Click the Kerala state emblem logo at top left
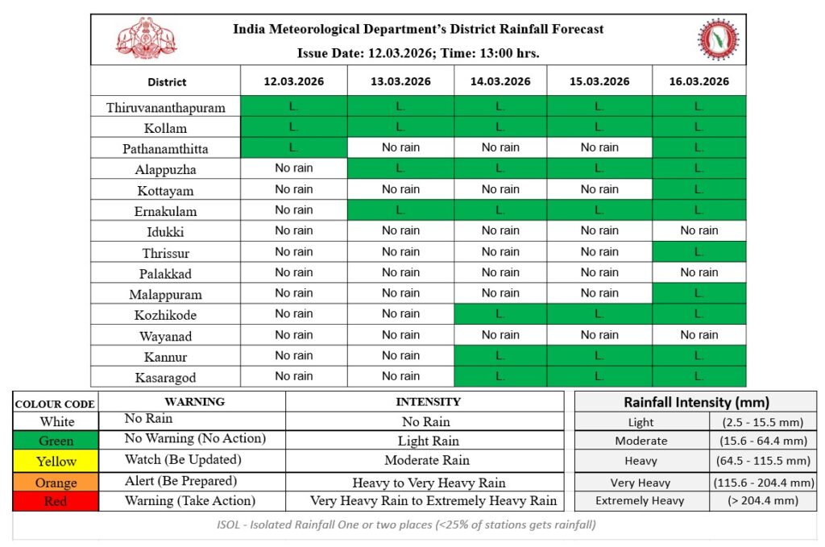tap(147, 39)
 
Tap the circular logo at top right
tap(716, 39)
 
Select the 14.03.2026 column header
tap(500, 81)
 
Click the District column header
tap(167, 82)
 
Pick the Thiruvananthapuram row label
tap(166, 107)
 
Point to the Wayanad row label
tap(166, 336)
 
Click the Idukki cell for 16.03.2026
tap(699, 230)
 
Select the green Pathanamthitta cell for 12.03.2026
tap(294, 147)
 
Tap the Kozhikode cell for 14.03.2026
tap(500, 314)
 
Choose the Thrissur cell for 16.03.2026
tap(699, 251)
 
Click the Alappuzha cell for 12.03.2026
tap(294, 168)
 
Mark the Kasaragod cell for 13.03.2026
tap(400, 376)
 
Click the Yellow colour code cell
tap(56, 462)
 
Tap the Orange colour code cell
tap(56, 483)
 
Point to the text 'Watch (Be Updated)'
tap(180, 460)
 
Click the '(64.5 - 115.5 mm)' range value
tap(761, 461)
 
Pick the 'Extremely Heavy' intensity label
tap(640, 500)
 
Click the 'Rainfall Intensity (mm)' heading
tap(696, 402)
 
